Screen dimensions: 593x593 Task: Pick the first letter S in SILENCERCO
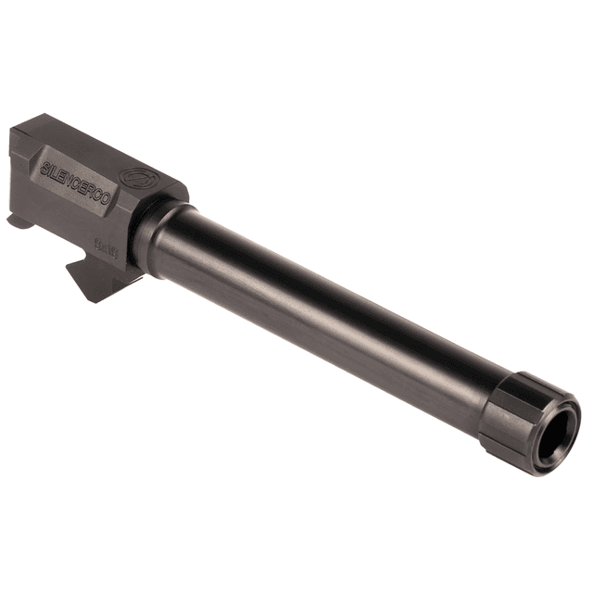[44, 170]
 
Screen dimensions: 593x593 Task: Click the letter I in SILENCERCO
[51, 171]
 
